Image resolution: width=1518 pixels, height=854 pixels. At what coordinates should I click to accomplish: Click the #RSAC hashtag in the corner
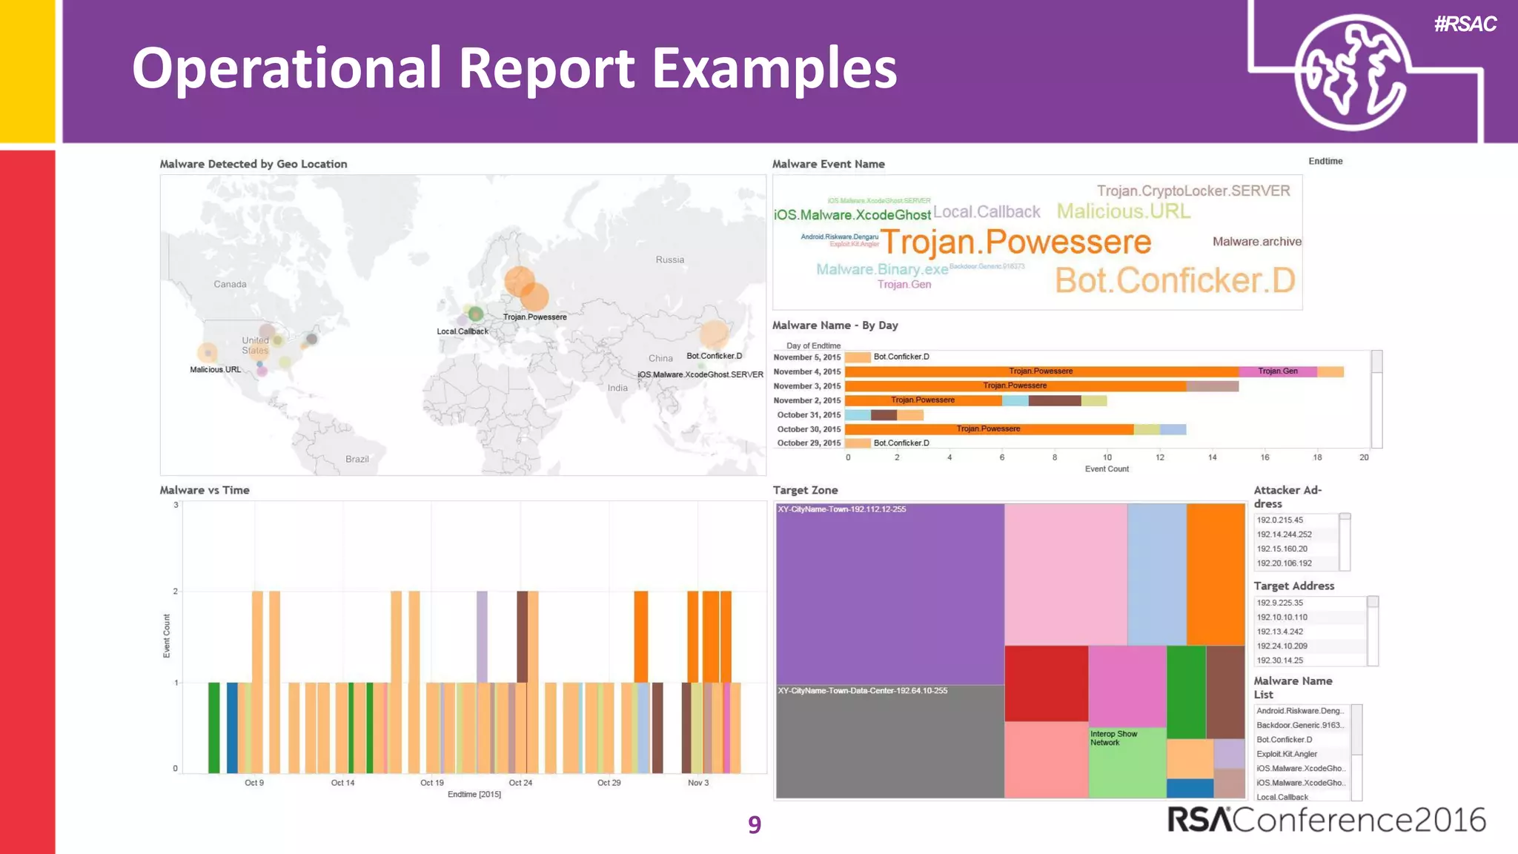1465,24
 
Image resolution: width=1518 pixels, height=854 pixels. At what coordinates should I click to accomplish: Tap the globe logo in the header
1350,73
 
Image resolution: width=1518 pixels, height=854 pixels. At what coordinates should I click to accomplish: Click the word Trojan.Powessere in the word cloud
1015,242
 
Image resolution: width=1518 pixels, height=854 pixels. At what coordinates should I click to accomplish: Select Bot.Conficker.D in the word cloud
1175,281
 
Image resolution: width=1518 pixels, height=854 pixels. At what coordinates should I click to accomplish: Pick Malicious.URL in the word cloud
1123,212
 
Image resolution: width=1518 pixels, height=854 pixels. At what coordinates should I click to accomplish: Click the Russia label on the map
669,259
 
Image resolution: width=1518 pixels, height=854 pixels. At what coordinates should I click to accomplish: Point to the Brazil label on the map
357,459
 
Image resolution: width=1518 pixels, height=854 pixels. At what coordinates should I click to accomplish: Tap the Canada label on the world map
230,284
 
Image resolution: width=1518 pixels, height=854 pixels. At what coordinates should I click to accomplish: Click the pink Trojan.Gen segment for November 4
1277,371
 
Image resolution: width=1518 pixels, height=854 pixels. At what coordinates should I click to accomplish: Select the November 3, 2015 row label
806,386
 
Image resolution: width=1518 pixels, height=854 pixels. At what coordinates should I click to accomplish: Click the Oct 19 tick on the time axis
431,783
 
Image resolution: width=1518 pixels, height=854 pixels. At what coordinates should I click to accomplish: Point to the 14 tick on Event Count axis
1212,457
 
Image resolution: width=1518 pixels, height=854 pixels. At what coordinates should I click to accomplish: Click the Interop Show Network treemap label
1113,738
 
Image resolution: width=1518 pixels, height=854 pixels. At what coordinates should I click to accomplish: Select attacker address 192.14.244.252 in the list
1284,534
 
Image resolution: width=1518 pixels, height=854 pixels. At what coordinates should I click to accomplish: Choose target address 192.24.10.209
1282,646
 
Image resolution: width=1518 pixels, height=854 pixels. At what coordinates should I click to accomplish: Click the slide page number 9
754,824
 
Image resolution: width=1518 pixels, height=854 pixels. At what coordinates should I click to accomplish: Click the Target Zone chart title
805,490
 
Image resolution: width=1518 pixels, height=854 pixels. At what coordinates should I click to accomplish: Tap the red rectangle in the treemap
1046,683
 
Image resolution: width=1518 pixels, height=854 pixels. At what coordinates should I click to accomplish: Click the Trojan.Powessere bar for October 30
988,429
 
